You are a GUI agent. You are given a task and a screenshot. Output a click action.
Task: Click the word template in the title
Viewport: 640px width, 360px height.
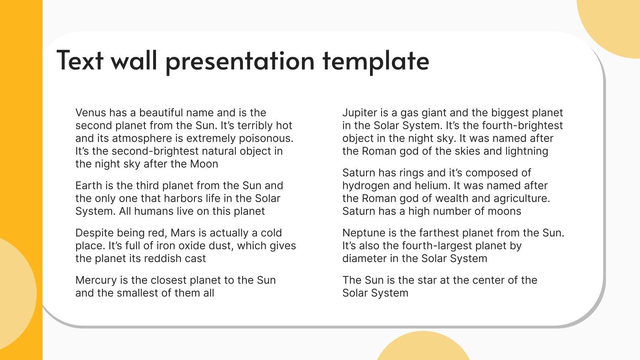(x=376, y=61)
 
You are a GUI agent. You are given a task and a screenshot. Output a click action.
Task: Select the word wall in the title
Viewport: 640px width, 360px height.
(x=134, y=61)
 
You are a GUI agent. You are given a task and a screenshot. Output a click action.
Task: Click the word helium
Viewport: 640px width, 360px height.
(x=430, y=186)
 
